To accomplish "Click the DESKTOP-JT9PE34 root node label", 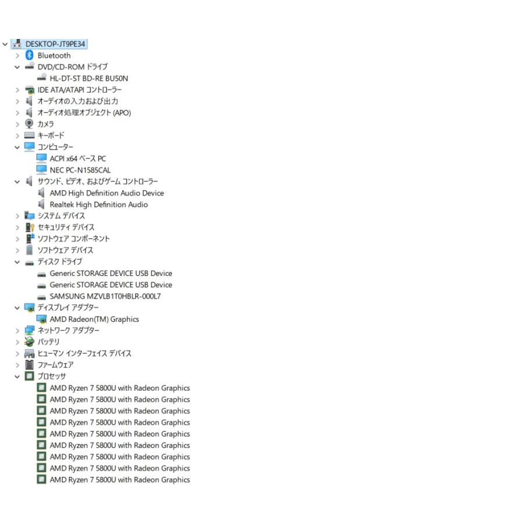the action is [55, 44].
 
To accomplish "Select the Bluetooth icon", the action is [30, 55].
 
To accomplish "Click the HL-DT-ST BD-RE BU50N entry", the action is [88, 78].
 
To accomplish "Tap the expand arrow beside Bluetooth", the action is [17, 56].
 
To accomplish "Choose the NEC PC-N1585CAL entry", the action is [80, 170].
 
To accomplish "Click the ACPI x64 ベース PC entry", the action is [78, 158].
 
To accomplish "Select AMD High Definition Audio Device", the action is [107, 193].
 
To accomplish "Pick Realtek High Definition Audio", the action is [98, 204].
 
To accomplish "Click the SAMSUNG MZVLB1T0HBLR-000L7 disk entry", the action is [105, 296].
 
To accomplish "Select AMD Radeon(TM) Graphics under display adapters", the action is [94, 319].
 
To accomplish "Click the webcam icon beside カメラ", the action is [30, 123].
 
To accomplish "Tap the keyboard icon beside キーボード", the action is [30, 135].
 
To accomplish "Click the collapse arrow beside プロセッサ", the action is [17, 377].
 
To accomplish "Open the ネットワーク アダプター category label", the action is [68, 330].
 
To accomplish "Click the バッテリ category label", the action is [48, 342].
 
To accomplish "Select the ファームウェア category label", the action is [55, 364].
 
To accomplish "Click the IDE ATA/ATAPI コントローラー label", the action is [80, 90].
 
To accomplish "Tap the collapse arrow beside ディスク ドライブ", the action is [17, 262].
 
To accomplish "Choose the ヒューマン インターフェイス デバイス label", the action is [84, 353].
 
